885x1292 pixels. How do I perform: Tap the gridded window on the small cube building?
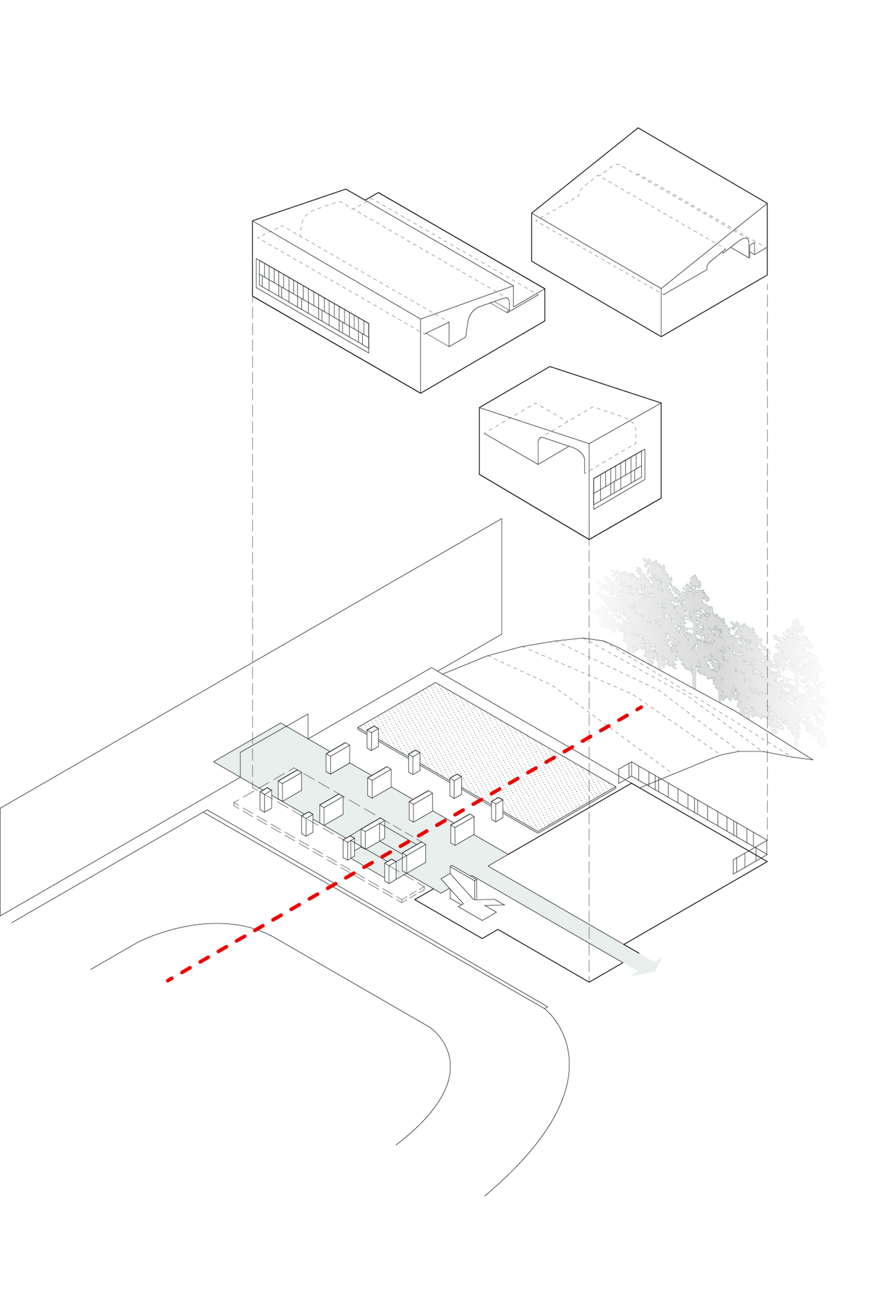click(x=619, y=479)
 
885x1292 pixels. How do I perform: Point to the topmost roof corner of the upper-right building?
click(x=638, y=128)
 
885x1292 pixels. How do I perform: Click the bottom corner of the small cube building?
click(x=589, y=539)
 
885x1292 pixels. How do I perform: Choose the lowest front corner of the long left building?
click(x=420, y=393)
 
